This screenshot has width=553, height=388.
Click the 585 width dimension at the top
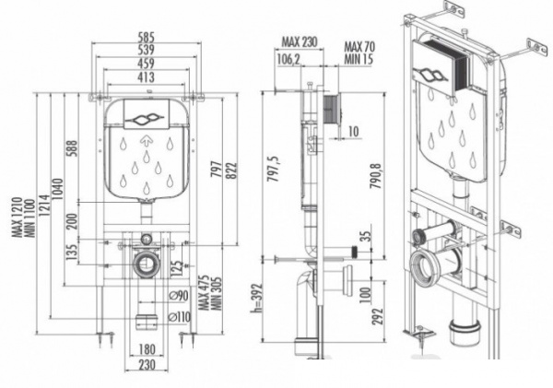pyautogui.click(x=146, y=37)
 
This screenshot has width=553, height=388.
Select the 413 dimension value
pyautogui.click(x=146, y=77)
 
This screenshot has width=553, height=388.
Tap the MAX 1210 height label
pyautogui.click(x=18, y=217)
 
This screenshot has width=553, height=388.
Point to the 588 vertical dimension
pyautogui.click(x=72, y=149)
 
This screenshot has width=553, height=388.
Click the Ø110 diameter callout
pyautogui.click(x=179, y=317)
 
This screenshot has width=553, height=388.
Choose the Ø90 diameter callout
pyautogui.click(x=178, y=296)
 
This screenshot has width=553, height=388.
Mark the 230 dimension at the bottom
pyautogui.click(x=146, y=364)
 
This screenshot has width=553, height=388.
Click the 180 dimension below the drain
pyautogui.click(x=147, y=349)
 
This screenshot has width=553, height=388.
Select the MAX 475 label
pyautogui.click(x=204, y=293)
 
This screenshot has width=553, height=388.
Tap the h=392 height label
pyautogui.click(x=257, y=298)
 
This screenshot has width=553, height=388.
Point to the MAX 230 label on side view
pyautogui.click(x=300, y=42)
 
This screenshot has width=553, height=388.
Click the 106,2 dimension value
pyautogui.click(x=288, y=59)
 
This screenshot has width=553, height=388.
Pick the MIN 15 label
pyautogui.click(x=359, y=59)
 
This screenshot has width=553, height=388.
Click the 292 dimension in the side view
pyautogui.click(x=377, y=318)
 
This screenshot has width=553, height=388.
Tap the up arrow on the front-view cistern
pyautogui.click(x=146, y=141)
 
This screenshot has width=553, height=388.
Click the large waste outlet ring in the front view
pyautogui.click(x=146, y=264)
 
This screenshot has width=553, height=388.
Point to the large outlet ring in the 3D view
pyautogui.click(x=424, y=267)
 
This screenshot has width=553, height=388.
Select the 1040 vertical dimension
pyautogui.click(x=58, y=189)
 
